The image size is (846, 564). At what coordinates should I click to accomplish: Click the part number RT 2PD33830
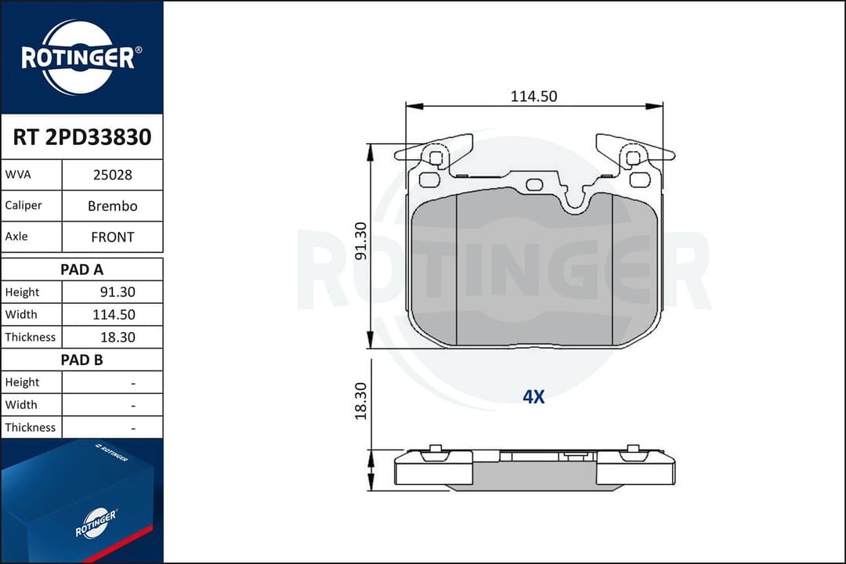click(x=81, y=138)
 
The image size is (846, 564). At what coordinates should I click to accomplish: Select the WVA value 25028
click(x=112, y=175)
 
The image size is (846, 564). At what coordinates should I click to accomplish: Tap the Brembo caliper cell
click(x=112, y=206)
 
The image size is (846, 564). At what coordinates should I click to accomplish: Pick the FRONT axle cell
click(x=112, y=237)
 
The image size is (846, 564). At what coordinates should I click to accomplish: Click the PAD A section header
click(x=81, y=269)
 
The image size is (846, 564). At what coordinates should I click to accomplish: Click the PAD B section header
click(x=81, y=360)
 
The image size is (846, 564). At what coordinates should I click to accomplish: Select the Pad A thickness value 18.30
click(x=118, y=338)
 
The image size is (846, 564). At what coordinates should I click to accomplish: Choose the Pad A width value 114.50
click(x=115, y=315)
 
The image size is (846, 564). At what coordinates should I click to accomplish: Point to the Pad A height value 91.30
click(x=118, y=292)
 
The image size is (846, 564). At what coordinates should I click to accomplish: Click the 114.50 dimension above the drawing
click(x=533, y=96)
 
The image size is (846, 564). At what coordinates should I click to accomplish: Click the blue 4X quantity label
click(x=533, y=397)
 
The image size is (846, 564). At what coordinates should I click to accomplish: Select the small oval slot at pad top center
click(x=535, y=184)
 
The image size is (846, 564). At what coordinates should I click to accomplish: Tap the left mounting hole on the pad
click(x=436, y=157)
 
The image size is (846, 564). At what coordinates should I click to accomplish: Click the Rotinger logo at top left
click(x=81, y=57)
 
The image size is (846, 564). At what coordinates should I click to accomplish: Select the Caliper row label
click(x=23, y=206)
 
